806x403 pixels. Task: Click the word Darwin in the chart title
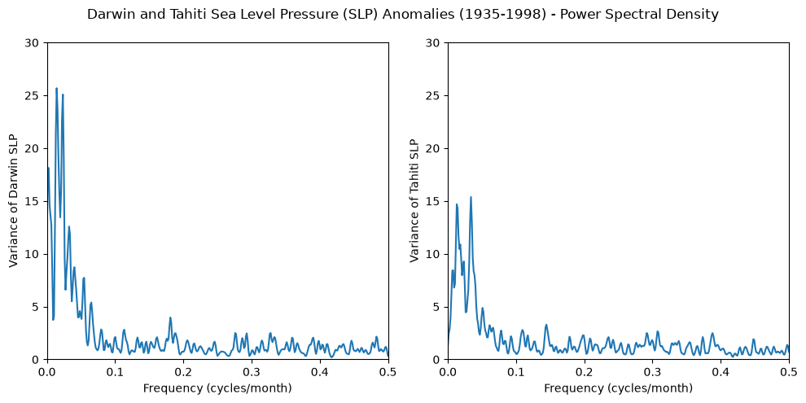coord(106,15)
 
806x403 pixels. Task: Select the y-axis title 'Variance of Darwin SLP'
coord(14,202)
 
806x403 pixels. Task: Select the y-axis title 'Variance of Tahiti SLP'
coord(414,202)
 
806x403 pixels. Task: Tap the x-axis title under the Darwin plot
coord(217,388)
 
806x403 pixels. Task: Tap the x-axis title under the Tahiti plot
coord(619,388)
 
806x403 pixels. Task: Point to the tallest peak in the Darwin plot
coord(56,89)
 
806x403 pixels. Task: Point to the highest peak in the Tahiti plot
coord(471,197)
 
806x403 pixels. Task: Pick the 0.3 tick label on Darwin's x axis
coord(252,370)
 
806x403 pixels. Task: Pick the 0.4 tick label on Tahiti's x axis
coord(721,370)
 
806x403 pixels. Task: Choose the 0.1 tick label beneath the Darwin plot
coord(116,370)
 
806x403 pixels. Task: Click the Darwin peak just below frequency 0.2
coord(170,318)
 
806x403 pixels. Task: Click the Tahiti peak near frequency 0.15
coord(546,325)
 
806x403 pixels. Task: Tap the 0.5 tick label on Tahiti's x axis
coord(789,370)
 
